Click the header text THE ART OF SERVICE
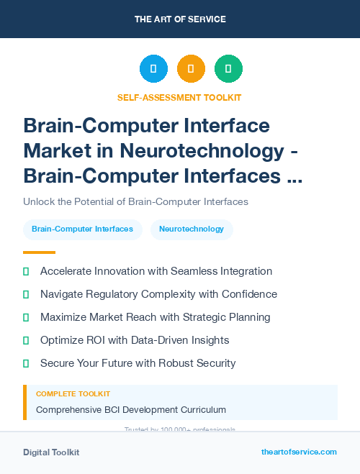click(x=180, y=19)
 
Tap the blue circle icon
click(x=153, y=69)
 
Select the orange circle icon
click(x=191, y=69)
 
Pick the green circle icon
click(x=228, y=69)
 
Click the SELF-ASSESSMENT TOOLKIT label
click(x=179, y=97)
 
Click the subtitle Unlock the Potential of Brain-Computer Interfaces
click(x=135, y=201)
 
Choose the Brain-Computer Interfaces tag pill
click(x=82, y=229)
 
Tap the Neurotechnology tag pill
click(x=192, y=229)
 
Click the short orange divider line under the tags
click(x=39, y=252)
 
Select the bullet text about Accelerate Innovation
click(x=156, y=271)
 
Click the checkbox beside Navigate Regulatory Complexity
click(x=27, y=294)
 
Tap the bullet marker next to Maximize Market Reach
click(x=27, y=317)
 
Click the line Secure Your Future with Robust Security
click(x=138, y=363)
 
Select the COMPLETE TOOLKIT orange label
click(x=73, y=394)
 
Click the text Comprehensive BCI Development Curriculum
click(x=131, y=410)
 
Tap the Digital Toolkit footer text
click(x=51, y=452)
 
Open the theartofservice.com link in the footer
click(x=299, y=452)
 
